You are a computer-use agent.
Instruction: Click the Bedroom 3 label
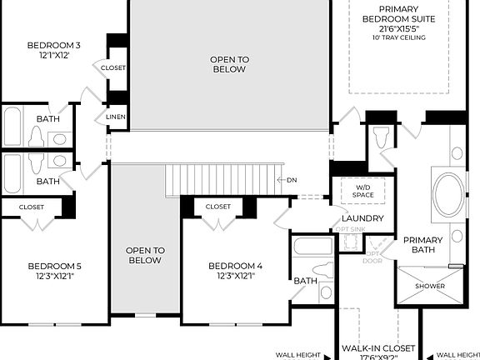click(53, 45)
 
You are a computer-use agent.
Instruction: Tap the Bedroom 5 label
click(53, 266)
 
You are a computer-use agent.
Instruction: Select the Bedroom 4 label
click(236, 266)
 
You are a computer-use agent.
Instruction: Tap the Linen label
click(116, 117)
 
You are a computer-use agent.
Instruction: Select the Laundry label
click(362, 218)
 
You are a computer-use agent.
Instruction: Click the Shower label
click(430, 286)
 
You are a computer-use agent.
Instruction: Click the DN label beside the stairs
click(292, 180)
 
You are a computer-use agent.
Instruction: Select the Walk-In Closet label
click(378, 347)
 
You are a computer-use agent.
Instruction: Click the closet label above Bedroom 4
click(218, 206)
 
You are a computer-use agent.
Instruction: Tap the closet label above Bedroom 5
click(32, 206)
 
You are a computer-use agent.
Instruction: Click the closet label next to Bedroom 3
click(113, 67)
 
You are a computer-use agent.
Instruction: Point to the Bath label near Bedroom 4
click(306, 281)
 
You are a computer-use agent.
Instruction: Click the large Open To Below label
click(228, 64)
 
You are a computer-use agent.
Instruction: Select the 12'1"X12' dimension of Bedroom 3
click(53, 56)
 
